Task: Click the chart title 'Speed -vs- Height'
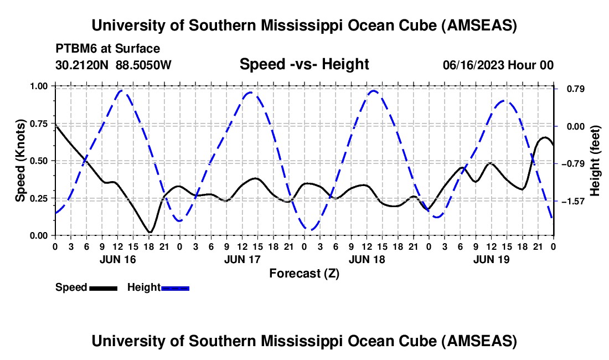pos(304,64)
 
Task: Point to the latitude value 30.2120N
pos(83,65)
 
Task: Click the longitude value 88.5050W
pos(144,65)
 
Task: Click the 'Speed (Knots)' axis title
pos(20,161)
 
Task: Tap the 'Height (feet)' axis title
pos(595,161)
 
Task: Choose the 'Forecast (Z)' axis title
pos(304,273)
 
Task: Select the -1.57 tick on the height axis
pos(572,201)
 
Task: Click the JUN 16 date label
pos(117,259)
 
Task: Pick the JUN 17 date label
pos(242,259)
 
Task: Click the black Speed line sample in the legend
pos(103,287)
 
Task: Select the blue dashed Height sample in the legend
pos(176,287)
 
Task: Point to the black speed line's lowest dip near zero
pos(149,232)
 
